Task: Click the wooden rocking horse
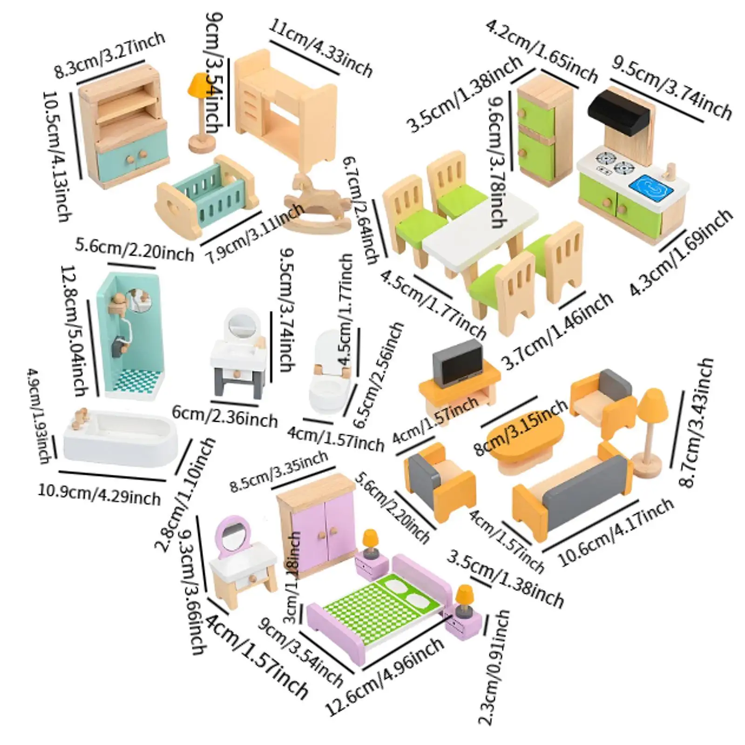click(x=317, y=200)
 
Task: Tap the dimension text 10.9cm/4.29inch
click(x=99, y=494)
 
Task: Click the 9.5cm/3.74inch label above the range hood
click(x=670, y=88)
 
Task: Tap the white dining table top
click(x=480, y=233)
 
